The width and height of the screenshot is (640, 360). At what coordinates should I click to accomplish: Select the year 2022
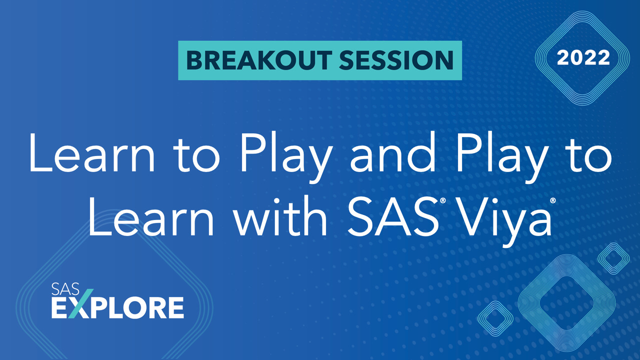tap(583, 58)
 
